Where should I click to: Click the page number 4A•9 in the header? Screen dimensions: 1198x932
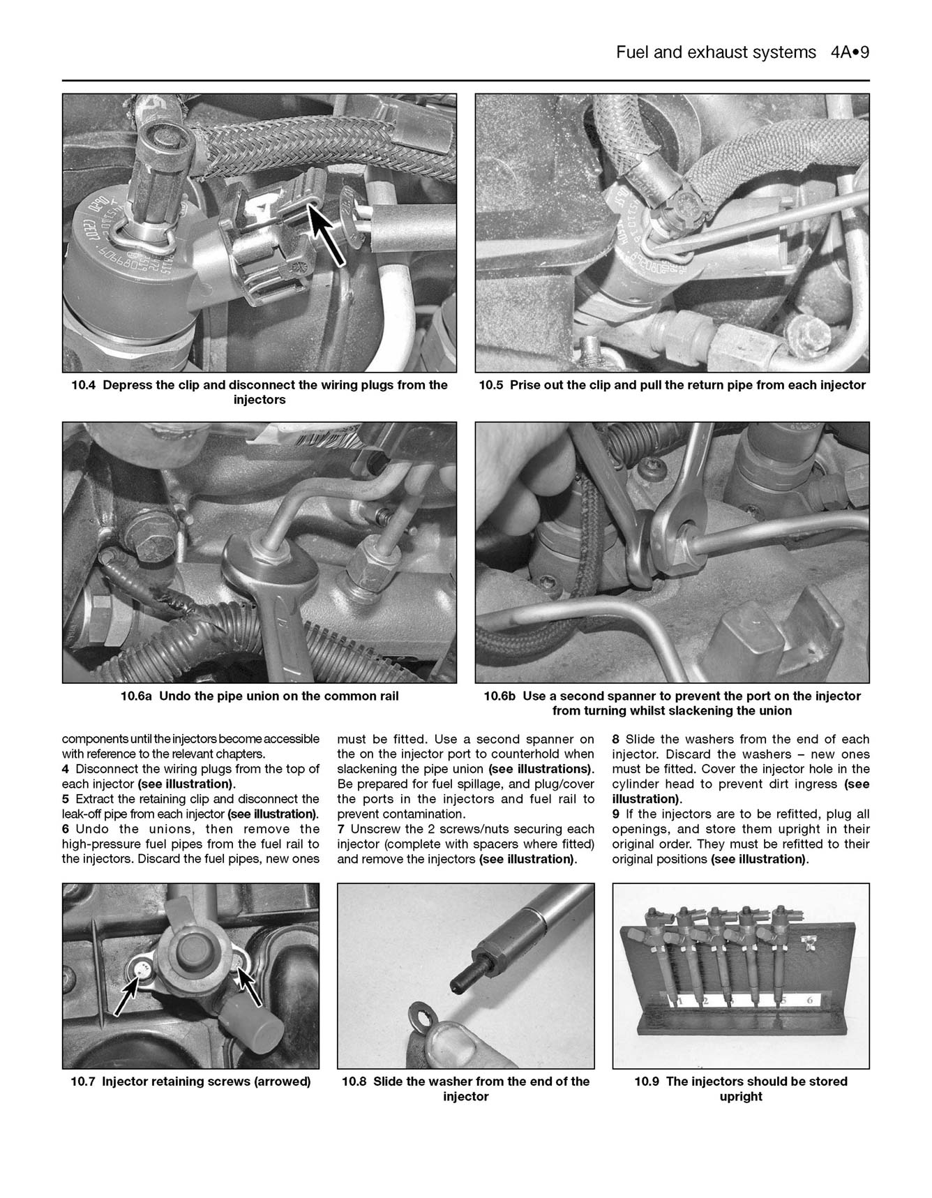click(x=850, y=53)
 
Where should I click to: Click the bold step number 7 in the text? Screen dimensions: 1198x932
click(x=341, y=829)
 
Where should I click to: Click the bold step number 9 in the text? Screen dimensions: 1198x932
click(x=616, y=814)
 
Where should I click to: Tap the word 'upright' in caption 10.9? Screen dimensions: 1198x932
click(x=741, y=1097)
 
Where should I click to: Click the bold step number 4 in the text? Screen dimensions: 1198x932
click(x=66, y=769)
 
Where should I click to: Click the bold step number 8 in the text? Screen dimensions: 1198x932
click(x=616, y=739)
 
